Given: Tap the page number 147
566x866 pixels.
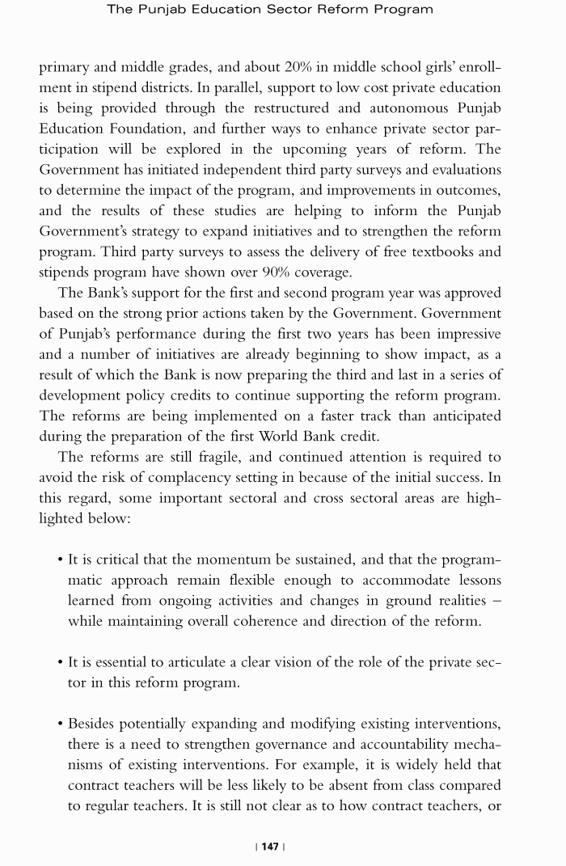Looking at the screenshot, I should [x=270, y=847].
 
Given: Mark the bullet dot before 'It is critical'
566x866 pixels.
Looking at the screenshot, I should [x=61, y=560].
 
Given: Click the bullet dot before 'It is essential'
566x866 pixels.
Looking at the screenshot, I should [x=61, y=663].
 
